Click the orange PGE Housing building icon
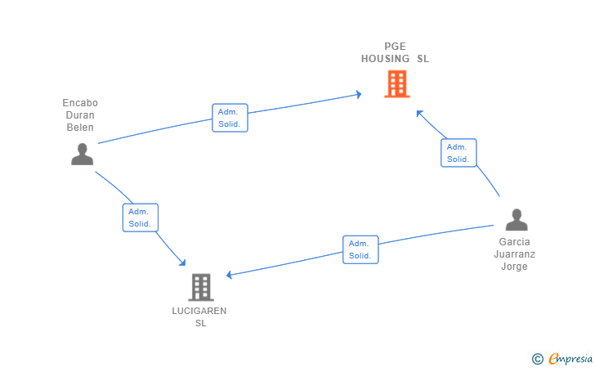coord(397,84)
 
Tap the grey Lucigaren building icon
coord(201,288)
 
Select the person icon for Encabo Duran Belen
coord(82,155)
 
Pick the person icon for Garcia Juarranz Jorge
coord(517,219)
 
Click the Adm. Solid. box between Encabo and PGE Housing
coord(230,118)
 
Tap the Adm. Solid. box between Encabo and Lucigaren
coord(141,218)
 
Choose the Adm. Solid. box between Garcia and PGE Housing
coord(459,153)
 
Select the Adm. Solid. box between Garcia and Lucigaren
coord(360,249)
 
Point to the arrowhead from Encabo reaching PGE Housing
coord(359,94)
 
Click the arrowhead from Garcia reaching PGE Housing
coord(419,113)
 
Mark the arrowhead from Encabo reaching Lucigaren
coord(183,263)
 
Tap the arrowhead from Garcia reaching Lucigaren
coord(229,275)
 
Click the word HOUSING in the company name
coord(385,59)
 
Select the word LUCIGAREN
coord(199,311)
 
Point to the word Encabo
coord(80,103)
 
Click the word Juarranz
coord(515,254)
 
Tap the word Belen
coord(80,128)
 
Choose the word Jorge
coord(514,267)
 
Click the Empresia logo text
coord(570,358)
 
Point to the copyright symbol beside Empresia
coord(537,359)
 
